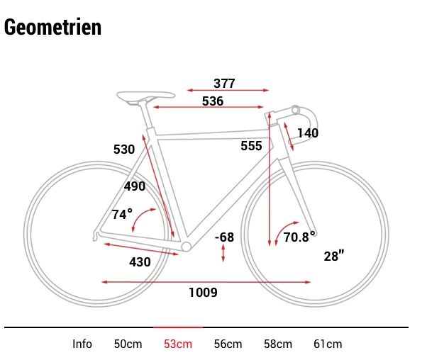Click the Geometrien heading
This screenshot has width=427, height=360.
pos(52,27)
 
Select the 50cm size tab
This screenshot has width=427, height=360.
pos(128,344)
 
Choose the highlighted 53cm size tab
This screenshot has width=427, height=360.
pos(177,344)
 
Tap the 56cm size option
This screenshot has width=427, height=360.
pos(228,344)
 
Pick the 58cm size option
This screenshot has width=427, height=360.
pos(277,344)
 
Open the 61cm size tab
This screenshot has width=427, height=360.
pos(328,344)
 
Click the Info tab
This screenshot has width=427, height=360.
pos(82,344)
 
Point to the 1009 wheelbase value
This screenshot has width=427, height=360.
pos(203,292)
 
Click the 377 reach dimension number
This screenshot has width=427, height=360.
pos(224,84)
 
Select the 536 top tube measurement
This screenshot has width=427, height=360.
pos(213,101)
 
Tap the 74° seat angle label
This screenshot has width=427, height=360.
pos(123,214)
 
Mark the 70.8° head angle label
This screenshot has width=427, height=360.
pos(299,237)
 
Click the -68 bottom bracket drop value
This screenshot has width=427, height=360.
pos(224,237)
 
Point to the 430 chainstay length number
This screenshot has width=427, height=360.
pos(140,261)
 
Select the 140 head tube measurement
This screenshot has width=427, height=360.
pos(308,133)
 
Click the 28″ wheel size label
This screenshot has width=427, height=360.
pos(333,257)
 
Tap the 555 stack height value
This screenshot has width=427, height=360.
pos(251,146)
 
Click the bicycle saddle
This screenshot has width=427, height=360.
pos(146,94)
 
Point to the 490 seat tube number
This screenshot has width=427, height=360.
pos(134,186)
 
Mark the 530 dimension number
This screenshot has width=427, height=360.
pos(124,150)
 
